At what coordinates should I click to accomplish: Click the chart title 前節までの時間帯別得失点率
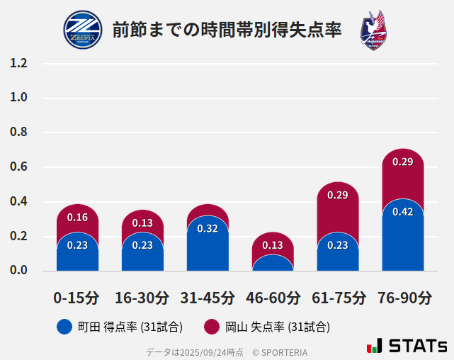click(227, 30)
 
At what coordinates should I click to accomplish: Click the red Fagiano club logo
click(373, 30)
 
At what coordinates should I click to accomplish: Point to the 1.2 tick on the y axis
click(18, 63)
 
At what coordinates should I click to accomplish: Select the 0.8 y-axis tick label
click(18, 133)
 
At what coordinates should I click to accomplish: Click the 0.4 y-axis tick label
click(18, 202)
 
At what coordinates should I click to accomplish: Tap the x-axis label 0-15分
click(76, 297)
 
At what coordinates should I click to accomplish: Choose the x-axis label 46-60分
click(273, 297)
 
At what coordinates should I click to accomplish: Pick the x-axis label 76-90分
click(403, 297)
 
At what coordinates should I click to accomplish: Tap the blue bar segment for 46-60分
click(273, 263)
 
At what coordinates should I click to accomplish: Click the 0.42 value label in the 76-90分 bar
click(403, 212)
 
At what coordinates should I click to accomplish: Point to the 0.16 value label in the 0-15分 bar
click(77, 218)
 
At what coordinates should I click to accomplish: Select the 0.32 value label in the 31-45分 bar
click(208, 228)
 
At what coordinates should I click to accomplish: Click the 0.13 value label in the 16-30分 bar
click(142, 223)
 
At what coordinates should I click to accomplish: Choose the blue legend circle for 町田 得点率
click(64, 327)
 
